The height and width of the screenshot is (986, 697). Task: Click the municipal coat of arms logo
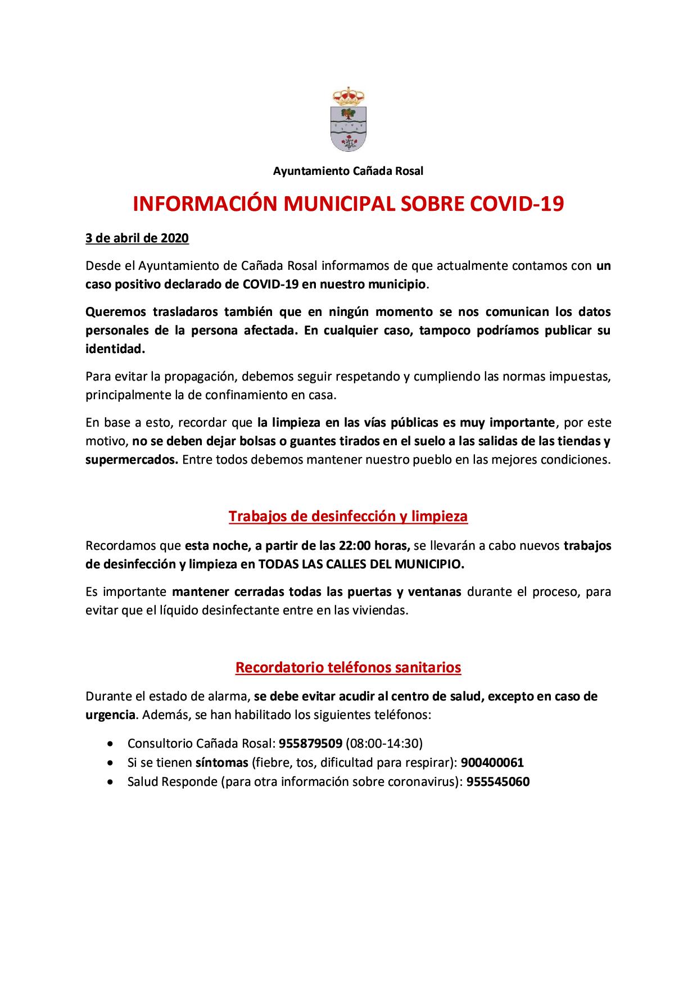[348, 120]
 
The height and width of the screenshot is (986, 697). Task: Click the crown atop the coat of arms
[348, 96]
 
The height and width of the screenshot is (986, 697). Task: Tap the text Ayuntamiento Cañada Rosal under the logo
[348, 171]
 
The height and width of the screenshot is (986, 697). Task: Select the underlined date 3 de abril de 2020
[137, 238]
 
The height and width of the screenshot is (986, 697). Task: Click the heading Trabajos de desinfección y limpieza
[348, 516]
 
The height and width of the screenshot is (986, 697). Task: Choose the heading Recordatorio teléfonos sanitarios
[348, 667]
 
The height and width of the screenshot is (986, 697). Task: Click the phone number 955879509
[310, 743]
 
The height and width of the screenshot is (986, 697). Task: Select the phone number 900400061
[492, 763]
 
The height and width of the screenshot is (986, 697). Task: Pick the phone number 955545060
[498, 782]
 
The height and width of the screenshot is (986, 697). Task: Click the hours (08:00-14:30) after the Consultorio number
[384, 743]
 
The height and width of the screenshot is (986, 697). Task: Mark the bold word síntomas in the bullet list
[221, 763]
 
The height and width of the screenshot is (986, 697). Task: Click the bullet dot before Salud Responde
[115, 782]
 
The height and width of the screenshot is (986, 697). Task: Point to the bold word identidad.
[115, 349]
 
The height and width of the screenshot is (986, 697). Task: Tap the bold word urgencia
[110, 716]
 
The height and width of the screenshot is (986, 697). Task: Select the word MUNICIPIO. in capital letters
[432, 565]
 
